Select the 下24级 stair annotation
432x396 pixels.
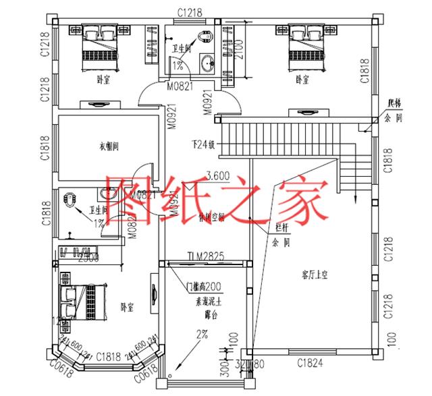(202, 144)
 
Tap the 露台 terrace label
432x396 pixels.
(209, 314)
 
